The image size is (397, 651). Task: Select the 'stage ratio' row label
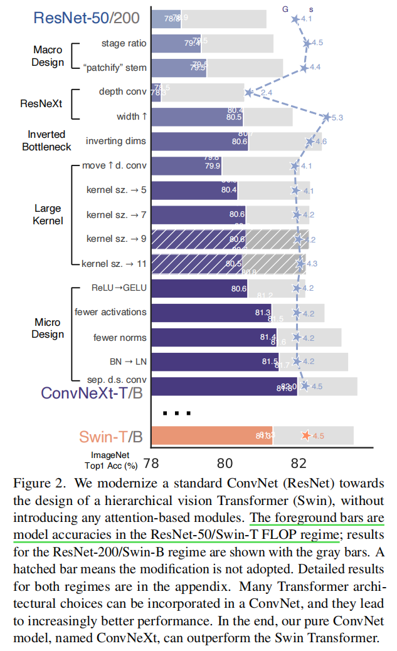(x=124, y=43)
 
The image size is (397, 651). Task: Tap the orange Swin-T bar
(x=212, y=435)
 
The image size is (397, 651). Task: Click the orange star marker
(x=305, y=435)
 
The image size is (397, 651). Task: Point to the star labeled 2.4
(x=248, y=93)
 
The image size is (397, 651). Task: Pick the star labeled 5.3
(x=327, y=117)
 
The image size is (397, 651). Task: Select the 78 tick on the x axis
(x=151, y=464)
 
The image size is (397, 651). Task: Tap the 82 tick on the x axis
(x=299, y=464)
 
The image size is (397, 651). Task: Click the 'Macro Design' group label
(x=48, y=55)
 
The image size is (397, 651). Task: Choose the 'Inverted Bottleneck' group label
(x=48, y=141)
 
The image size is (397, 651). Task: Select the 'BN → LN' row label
(x=124, y=362)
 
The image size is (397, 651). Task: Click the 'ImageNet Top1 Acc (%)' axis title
(x=110, y=460)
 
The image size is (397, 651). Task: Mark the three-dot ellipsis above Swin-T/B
(x=176, y=413)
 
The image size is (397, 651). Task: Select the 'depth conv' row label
(x=122, y=92)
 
